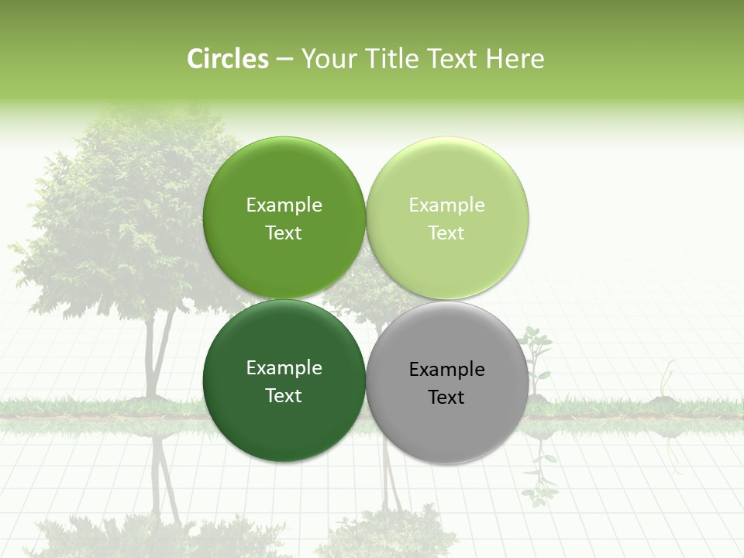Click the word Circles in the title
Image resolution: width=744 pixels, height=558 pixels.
click(228, 59)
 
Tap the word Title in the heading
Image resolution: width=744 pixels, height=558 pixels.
click(394, 59)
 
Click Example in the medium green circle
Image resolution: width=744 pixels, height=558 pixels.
click(284, 205)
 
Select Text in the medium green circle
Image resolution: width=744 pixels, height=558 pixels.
click(284, 233)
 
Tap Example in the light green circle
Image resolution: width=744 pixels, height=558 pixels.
click(446, 205)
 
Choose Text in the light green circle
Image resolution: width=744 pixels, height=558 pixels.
click(446, 233)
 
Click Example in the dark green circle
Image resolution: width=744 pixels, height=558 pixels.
click(284, 368)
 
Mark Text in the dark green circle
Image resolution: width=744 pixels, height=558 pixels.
click(284, 396)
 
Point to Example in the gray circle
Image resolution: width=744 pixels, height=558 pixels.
click(446, 370)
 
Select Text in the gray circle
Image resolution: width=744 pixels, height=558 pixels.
click(446, 398)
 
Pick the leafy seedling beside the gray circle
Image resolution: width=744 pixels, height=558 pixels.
click(536, 356)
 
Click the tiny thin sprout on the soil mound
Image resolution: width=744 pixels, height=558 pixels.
click(665, 380)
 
